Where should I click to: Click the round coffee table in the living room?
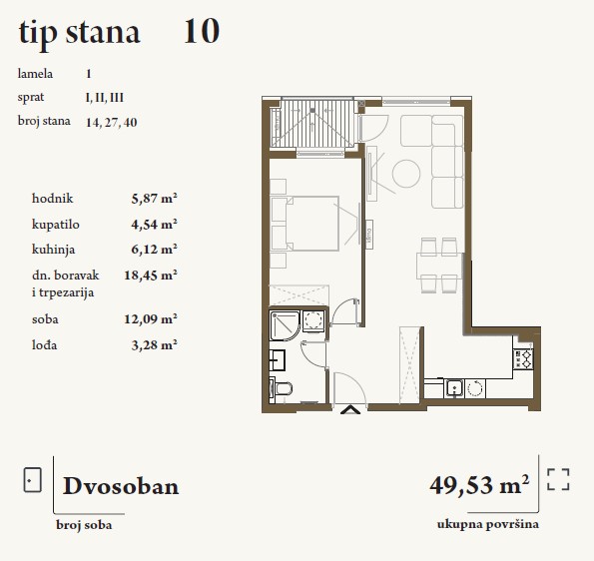click(x=406, y=174)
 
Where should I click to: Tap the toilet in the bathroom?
click(x=281, y=389)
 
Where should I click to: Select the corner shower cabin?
click(x=285, y=325)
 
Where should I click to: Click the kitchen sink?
click(x=454, y=388)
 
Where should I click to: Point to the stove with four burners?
click(x=523, y=359)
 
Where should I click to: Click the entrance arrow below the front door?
click(x=350, y=410)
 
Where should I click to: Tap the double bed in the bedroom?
click(x=304, y=224)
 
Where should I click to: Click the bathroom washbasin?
click(x=277, y=360)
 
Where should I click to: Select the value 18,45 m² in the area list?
click(x=151, y=275)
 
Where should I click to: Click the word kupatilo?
click(x=56, y=225)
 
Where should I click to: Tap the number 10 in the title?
click(x=202, y=31)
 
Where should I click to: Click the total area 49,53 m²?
click(x=479, y=484)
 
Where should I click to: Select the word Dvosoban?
click(x=121, y=486)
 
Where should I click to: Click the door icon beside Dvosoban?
click(x=32, y=480)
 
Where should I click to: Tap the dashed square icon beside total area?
click(x=558, y=479)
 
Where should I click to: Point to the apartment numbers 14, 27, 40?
click(x=112, y=123)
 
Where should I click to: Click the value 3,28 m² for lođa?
click(x=154, y=345)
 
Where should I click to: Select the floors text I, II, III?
click(x=105, y=98)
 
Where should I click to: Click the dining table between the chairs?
click(x=439, y=266)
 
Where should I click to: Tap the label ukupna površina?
click(x=488, y=525)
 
